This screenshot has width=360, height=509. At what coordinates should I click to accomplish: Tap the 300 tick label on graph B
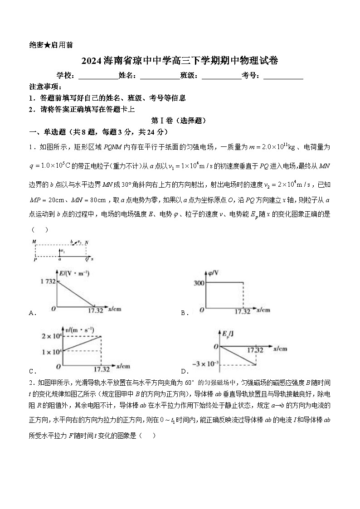click(199, 283)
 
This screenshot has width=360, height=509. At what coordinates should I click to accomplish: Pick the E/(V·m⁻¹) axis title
click(75, 273)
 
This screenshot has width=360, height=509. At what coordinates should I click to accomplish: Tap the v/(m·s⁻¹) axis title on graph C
click(79, 329)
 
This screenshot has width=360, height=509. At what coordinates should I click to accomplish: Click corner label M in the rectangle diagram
click(34, 242)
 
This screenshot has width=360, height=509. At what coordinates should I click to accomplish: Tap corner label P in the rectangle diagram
click(34, 259)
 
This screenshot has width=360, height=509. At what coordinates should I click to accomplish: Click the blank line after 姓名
click(160, 76)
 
